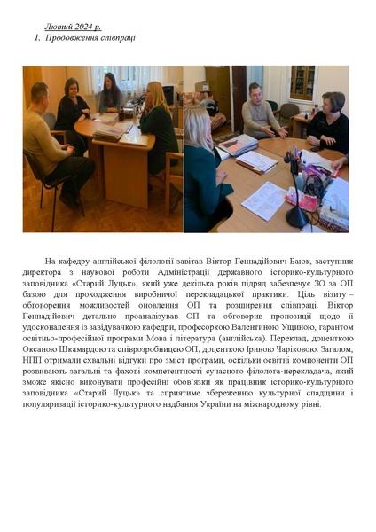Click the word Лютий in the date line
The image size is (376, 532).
(x=56, y=28)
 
